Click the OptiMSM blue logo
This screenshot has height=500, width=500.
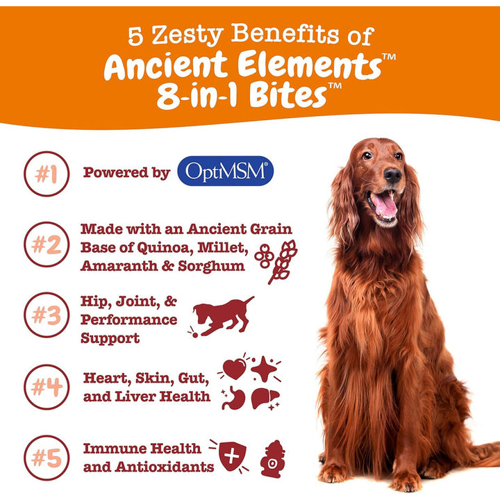[226, 171]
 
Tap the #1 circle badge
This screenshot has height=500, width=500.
[47, 174]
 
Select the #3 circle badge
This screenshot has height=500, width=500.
[47, 315]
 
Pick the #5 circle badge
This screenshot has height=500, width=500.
[47, 458]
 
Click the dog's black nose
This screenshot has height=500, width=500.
[392, 175]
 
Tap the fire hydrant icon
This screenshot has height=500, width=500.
[273, 459]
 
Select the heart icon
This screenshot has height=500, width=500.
[235, 369]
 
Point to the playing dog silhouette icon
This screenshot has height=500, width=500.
[223, 315]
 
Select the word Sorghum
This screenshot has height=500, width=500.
[211, 265]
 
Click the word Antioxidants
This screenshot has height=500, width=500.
[165, 467]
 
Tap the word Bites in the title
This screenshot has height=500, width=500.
[287, 95]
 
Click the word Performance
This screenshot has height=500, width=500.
[129, 319]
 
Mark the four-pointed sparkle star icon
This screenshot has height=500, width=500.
[263, 369]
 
